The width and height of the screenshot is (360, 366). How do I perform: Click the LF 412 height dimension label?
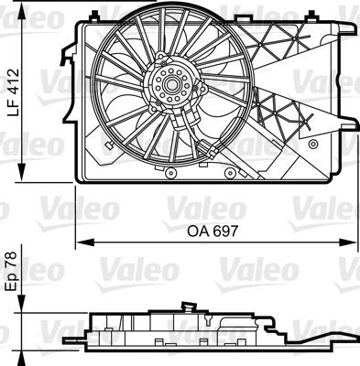14,92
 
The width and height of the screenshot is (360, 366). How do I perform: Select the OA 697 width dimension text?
212,231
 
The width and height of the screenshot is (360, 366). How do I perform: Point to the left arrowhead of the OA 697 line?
84,242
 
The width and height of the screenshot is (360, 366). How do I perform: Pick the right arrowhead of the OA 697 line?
348,242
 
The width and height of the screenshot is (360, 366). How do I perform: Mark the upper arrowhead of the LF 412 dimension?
22,12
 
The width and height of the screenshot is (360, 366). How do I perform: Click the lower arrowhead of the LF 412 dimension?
22,171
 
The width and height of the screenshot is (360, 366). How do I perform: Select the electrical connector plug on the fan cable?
209,148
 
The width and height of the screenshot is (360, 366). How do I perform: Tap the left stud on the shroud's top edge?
94,16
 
